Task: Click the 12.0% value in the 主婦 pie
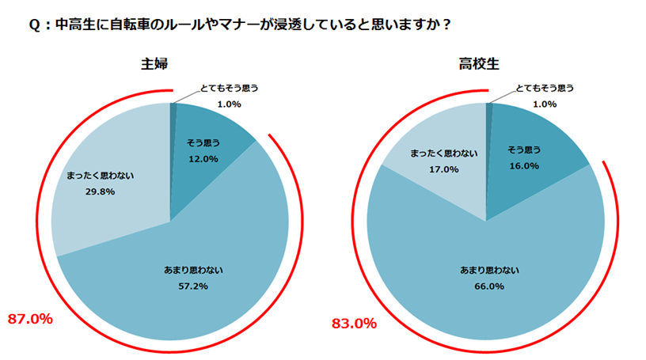[x=203, y=158]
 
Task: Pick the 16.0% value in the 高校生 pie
[x=522, y=166]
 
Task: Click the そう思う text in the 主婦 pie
[x=203, y=143]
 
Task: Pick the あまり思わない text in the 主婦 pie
[x=192, y=270]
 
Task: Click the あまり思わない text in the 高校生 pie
[x=488, y=270]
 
